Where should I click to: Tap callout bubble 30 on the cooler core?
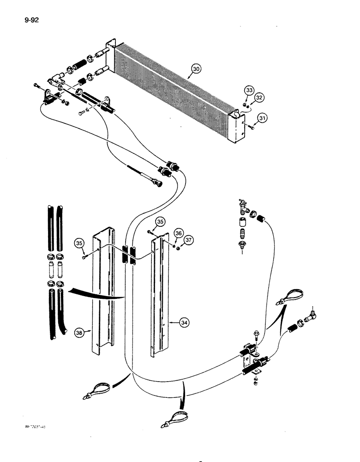(x=196, y=69)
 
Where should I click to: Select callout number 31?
(x=262, y=118)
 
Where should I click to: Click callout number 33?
(x=249, y=91)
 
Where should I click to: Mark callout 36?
(x=178, y=233)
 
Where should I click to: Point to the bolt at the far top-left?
(x=36, y=85)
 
